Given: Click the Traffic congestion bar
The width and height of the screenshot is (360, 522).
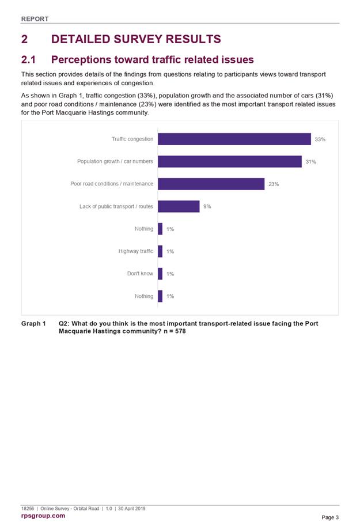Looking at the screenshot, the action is click(234, 139).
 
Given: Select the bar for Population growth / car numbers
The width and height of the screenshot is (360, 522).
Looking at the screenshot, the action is click(230, 161).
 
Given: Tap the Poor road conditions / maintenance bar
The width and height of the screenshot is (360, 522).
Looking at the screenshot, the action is click(211, 184).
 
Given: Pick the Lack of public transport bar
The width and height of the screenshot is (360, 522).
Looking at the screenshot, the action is click(179, 206).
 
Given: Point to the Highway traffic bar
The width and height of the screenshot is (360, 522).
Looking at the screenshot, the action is click(160, 251).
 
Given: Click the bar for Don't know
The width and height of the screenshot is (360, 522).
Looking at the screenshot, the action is click(160, 274).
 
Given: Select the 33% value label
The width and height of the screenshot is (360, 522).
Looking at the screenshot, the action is click(320, 139).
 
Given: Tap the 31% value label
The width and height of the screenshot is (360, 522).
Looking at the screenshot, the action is click(311, 162).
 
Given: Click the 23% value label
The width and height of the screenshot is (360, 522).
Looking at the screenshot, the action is click(274, 184).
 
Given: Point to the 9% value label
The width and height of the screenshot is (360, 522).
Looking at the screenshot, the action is click(207, 206).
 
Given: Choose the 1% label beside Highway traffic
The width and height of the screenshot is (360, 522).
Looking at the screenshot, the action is click(170, 251).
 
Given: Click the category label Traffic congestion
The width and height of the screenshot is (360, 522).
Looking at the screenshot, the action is click(132, 139).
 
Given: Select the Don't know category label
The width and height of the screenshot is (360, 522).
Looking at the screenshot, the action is click(140, 274).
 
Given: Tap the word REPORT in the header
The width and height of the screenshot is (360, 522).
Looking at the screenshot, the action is click(35, 19).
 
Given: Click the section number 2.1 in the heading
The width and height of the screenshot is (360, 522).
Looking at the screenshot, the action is click(28, 59).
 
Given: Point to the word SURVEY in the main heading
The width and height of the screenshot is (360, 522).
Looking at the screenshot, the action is click(138, 39).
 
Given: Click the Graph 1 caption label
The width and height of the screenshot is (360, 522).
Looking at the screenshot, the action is click(33, 324).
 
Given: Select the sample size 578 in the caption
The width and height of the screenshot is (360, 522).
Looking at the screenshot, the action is click(180, 331).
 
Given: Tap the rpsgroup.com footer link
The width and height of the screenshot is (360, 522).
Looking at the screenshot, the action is click(43, 516).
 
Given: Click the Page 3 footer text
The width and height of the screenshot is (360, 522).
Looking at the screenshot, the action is click(330, 517).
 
